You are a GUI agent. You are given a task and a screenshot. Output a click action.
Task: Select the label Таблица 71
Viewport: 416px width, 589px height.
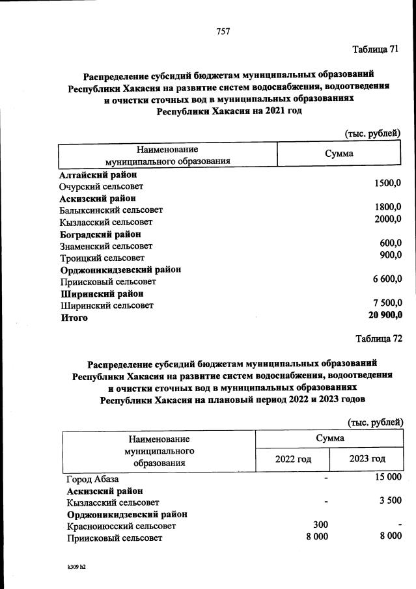(x=374, y=49)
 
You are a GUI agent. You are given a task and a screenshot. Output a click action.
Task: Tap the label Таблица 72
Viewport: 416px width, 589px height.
(x=379, y=338)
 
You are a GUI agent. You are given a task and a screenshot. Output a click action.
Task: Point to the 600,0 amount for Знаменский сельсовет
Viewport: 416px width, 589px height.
(x=390, y=243)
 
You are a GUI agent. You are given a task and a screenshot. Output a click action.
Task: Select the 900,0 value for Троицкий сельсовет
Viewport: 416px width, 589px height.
(x=390, y=254)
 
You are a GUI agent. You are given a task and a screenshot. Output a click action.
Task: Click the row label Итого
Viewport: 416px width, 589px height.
(x=74, y=318)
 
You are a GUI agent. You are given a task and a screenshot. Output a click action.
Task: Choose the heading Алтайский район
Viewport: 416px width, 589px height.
(x=98, y=175)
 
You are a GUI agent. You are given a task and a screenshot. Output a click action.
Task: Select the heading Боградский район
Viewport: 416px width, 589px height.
(x=100, y=234)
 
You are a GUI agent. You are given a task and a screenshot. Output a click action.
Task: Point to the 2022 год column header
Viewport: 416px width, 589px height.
(x=293, y=459)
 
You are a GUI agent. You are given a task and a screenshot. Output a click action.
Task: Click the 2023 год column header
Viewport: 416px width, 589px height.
(x=367, y=459)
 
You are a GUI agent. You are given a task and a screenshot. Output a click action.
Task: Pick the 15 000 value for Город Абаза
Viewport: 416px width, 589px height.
(x=387, y=478)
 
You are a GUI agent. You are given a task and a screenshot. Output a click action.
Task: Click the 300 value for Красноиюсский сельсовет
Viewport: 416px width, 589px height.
(x=319, y=525)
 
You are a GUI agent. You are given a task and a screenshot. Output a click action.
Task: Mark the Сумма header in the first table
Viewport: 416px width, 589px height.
(x=339, y=154)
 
